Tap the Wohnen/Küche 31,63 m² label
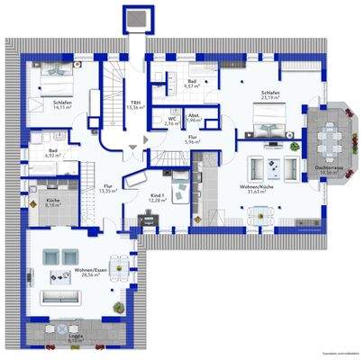click(x=258, y=189)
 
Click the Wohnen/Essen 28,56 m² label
click(x=87, y=274)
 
